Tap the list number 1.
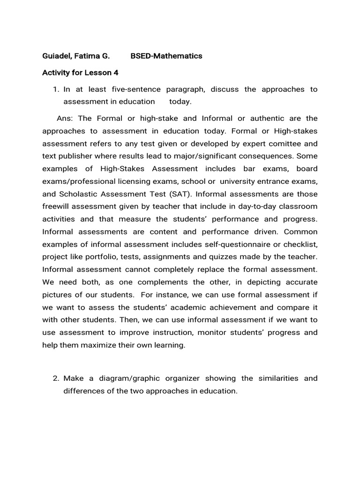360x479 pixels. [56, 89]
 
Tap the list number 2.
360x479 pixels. [56, 378]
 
